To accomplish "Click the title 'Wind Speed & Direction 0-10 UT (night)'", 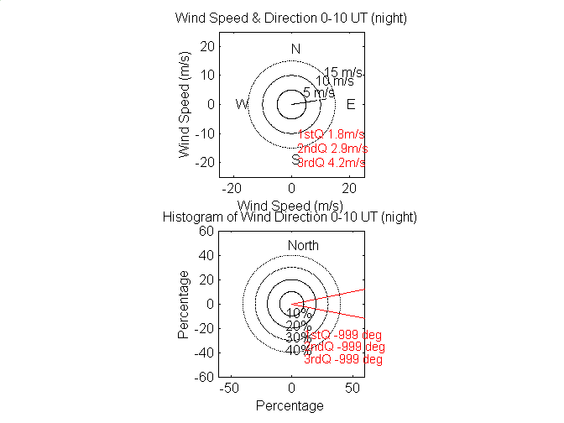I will point(290,18).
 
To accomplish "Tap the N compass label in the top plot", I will point(295,49).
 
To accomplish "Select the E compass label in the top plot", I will point(351,104).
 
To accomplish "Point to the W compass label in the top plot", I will point(242,104).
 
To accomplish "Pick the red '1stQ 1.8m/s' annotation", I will point(331,134).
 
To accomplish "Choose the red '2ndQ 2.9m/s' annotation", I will point(332,149).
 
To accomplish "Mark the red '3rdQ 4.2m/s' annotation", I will point(332,162).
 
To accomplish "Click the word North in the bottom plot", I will point(303,245).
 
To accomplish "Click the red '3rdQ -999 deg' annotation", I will point(343,359).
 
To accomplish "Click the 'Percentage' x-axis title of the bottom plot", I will point(290,406).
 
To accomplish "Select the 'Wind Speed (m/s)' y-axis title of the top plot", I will point(185,105).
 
